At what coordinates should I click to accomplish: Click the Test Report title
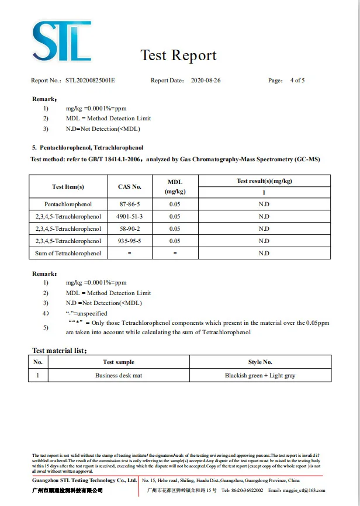coord(178,56)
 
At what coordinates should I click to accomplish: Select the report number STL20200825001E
coord(91,81)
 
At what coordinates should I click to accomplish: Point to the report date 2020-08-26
coord(207,81)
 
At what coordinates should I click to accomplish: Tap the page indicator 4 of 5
coord(297,81)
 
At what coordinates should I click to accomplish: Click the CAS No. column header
coord(130,186)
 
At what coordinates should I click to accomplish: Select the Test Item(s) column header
coord(68,186)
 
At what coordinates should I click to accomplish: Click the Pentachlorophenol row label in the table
coord(68,205)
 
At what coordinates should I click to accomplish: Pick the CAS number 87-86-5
coord(130,205)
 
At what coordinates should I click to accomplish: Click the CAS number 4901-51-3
coord(130,217)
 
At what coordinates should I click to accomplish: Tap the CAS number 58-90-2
coord(130,229)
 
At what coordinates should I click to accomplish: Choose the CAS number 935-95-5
coord(130,241)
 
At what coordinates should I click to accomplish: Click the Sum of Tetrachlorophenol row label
coord(68,253)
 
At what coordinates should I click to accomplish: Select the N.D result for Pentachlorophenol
coord(264,205)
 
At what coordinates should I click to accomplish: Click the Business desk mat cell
coord(119,376)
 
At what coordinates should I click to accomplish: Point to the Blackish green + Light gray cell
coord(260,376)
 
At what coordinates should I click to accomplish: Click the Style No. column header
coord(260,362)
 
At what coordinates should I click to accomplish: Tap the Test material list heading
coord(60,351)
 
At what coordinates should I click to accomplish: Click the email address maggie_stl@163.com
coord(304,490)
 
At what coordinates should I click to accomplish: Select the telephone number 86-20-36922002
coord(249,490)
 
